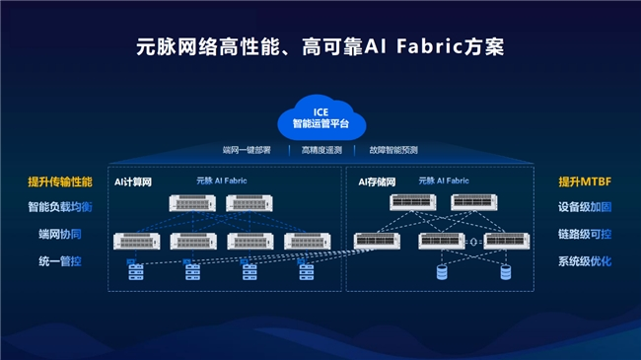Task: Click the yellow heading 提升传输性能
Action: (x=60, y=181)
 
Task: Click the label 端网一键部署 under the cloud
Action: (x=252, y=151)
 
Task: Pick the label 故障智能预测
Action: (x=393, y=151)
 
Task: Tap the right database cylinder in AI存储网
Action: (x=506, y=271)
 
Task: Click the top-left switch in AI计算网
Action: (x=192, y=203)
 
